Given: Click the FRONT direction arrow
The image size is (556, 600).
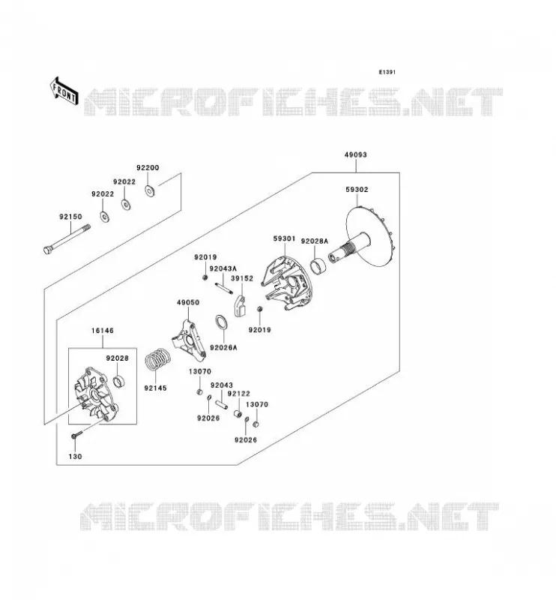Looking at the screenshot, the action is (64, 91).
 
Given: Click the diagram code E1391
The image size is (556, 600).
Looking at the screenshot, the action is (387, 72).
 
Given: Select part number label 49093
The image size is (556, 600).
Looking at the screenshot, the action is (356, 154).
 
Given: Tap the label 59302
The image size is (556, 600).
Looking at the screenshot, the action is (357, 190).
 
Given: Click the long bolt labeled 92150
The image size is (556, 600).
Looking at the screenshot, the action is (67, 238).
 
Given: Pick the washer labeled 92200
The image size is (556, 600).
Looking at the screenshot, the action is (150, 190).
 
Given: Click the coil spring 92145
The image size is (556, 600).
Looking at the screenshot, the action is (157, 359).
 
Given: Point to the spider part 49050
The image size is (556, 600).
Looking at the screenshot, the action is (189, 340).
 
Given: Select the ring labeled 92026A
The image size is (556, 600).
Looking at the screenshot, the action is (222, 322).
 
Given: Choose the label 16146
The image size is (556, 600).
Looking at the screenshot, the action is (103, 331).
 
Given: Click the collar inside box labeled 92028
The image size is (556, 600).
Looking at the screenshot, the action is (119, 381).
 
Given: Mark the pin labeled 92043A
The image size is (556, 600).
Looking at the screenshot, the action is (224, 288).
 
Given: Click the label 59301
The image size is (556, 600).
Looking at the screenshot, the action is (284, 238).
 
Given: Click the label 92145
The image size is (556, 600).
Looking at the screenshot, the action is (155, 388).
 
